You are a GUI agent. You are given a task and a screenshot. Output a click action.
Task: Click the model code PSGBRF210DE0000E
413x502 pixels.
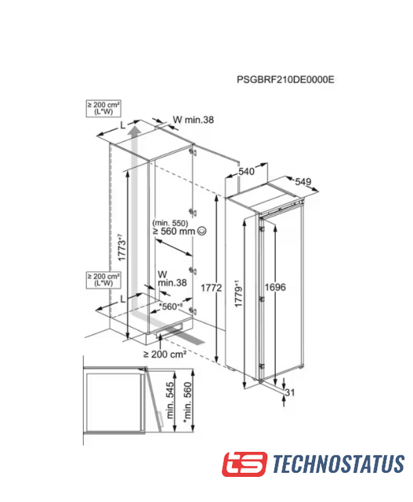285,79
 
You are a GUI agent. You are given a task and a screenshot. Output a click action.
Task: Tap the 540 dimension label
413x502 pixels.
246,172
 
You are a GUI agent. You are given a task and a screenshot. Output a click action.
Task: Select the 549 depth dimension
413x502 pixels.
303,182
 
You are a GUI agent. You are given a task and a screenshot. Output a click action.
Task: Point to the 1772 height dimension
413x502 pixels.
211,288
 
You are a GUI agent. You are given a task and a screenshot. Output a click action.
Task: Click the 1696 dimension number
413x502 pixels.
275,287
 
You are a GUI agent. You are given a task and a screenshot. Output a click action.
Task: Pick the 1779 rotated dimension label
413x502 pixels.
238,293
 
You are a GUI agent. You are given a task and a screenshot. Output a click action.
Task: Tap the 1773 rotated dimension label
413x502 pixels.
121,248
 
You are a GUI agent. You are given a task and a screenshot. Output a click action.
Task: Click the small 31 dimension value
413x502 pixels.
290,392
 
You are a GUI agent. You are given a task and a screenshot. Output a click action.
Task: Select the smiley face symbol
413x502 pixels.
202,231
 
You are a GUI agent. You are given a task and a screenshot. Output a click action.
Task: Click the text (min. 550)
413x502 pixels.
170,223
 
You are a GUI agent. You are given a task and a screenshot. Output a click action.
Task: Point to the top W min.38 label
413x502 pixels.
194,120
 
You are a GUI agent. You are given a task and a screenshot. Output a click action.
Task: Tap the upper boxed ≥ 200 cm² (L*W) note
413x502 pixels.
103,108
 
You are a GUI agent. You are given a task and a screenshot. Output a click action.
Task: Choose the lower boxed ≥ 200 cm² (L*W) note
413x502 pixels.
103,280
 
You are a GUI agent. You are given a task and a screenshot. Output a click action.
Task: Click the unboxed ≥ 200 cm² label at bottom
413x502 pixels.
165,354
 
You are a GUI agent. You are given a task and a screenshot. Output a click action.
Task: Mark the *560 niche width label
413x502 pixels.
171,307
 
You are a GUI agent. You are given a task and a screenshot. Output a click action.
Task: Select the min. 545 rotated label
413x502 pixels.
170,400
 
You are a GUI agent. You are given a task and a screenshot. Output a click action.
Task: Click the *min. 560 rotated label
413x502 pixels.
187,402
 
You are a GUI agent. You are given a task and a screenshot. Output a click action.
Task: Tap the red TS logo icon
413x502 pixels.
245,464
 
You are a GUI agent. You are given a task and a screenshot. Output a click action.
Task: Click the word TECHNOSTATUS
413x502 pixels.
339,464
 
